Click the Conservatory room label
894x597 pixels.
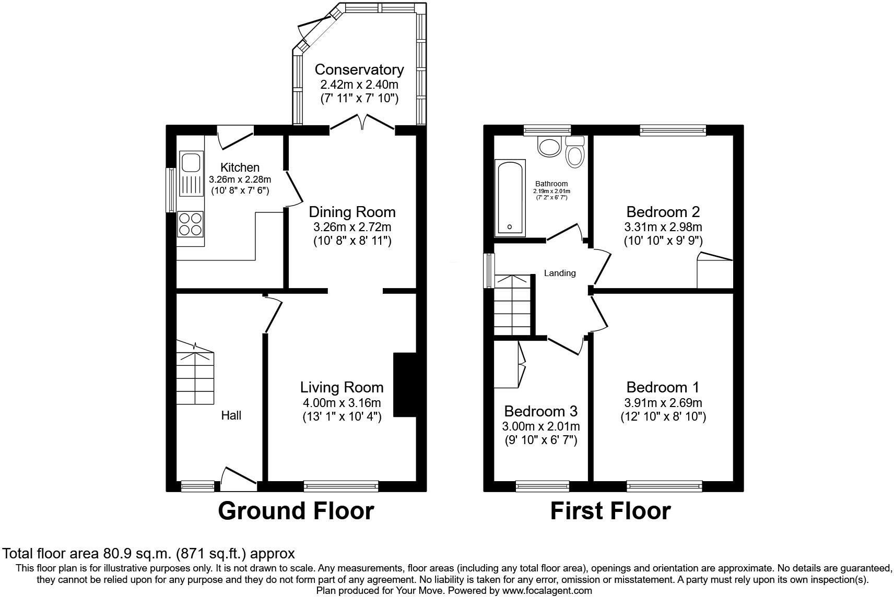point(359,70)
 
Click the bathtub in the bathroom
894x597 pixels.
point(510,198)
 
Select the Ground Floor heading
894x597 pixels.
point(296,511)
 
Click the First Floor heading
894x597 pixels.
point(610,511)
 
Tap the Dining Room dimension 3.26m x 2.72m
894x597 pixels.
point(352,227)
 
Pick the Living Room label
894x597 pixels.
point(342,387)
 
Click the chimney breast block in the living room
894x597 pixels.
point(405,385)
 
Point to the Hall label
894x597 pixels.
point(231,415)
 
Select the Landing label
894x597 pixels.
point(560,273)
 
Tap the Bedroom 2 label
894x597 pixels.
point(663,212)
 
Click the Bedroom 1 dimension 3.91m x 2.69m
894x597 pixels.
point(663,403)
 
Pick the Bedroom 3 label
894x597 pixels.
point(540,411)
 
